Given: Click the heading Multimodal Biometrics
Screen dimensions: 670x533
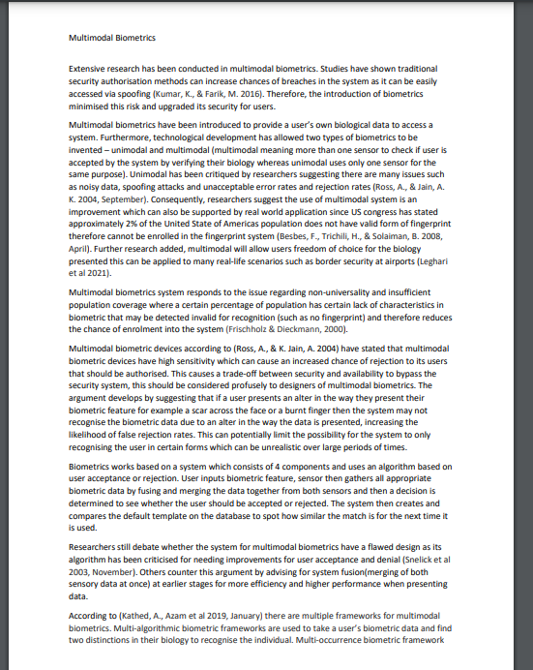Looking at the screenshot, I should click(112, 38).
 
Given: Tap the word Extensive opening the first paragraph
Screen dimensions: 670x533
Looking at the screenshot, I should click(89, 70).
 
